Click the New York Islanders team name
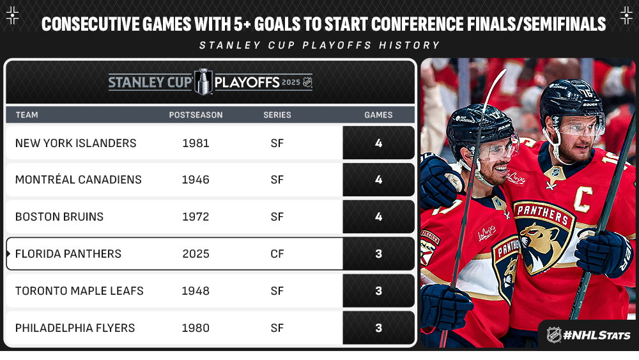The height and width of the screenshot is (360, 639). [76, 143]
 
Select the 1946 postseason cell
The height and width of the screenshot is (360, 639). [196, 180]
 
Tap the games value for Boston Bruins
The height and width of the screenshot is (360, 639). [378, 217]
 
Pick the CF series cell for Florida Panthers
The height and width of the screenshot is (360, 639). [277, 254]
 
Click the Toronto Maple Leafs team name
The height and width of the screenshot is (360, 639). [79, 291]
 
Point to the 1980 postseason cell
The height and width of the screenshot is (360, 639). [196, 328]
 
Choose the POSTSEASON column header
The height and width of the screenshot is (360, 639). [196, 115]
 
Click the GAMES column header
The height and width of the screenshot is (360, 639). [378, 115]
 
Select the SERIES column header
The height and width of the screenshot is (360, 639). [277, 115]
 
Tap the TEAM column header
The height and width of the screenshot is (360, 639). [27, 115]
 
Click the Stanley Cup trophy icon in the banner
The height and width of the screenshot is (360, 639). [203, 82]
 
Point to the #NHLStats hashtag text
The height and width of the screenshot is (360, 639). [597, 336]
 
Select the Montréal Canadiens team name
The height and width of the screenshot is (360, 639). [78, 180]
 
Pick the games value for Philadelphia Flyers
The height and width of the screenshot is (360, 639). [378, 328]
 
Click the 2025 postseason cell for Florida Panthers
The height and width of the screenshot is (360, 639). [196, 254]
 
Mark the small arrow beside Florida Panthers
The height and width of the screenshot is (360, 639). [8, 254]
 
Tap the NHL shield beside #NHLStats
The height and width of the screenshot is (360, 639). [554, 335]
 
